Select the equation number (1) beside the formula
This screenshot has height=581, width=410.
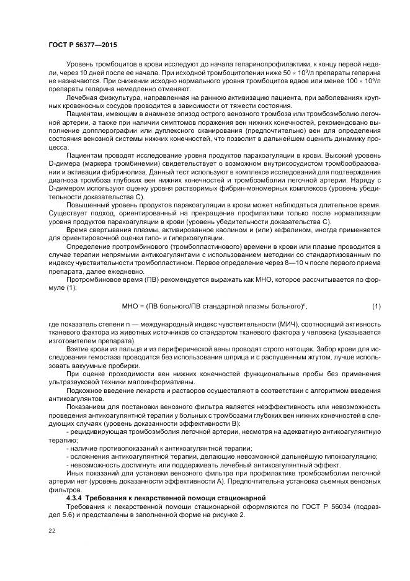point(377,306)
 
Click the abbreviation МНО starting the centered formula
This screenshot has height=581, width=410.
point(133,306)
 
